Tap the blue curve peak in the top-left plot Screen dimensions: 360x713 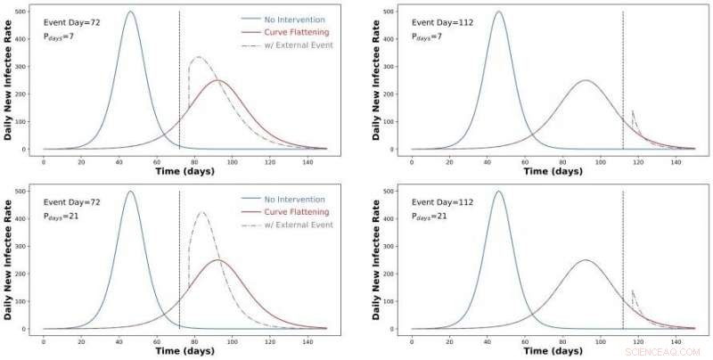click(x=131, y=12)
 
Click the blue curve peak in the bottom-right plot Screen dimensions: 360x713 click(x=498, y=192)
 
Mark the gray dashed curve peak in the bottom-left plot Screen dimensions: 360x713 click(x=201, y=212)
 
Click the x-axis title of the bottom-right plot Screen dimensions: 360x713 click(x=549, y=351)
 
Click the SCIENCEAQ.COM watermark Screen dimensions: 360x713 click(x=671, y=353)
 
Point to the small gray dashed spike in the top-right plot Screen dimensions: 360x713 click(x=632, y=112)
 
